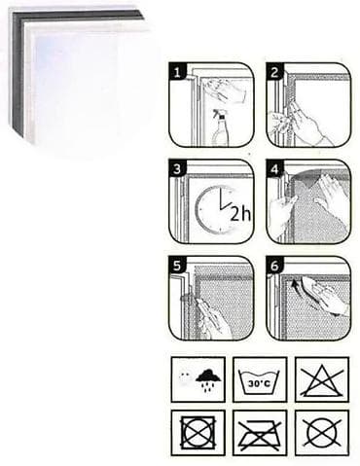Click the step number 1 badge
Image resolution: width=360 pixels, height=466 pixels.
pos(177,71)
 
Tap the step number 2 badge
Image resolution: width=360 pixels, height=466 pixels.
pos(274,71)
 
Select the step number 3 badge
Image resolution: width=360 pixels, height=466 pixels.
pos(177,168)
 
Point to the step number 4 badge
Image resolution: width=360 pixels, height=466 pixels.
pos(274,168)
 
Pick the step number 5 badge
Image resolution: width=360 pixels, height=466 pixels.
pos(177,266)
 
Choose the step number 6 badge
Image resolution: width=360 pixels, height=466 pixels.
pos(274,266)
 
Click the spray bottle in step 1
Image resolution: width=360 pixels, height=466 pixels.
pos(220,128)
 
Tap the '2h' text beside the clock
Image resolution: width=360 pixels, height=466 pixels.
pos(240,214)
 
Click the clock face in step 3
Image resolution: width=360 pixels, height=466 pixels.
pos(214,210)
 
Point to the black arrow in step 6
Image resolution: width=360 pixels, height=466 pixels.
pos(295,285)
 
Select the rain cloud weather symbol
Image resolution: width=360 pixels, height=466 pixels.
pos(208,379)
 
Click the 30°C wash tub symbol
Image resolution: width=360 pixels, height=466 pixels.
pos(259,380)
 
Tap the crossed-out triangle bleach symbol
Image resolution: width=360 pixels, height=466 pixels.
pos(321,380)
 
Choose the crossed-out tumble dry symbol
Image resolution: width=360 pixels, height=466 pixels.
pos(198,432)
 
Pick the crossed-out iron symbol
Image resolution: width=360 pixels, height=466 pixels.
pos(259,434)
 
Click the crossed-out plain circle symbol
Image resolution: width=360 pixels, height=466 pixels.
pos(322,433)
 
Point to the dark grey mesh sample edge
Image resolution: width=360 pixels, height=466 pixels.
pos(18,71)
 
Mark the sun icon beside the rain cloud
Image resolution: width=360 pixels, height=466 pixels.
pos(185,377)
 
